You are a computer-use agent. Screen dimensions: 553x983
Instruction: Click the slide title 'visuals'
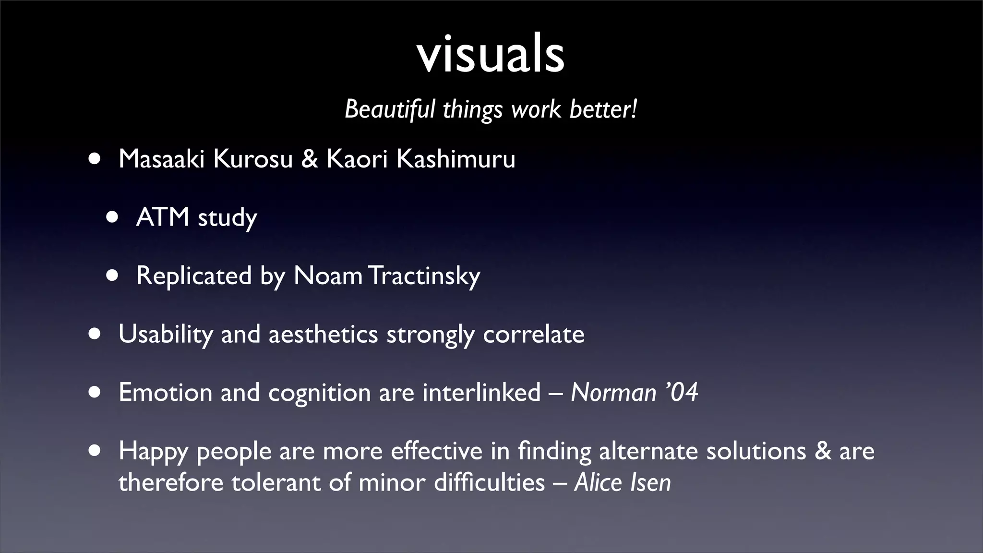coord(491,54)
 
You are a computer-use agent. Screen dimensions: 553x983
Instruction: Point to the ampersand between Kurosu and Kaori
coord(310,159)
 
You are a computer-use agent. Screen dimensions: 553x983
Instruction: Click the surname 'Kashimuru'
coord(456,159)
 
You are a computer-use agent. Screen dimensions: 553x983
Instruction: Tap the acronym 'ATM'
coord(163,217)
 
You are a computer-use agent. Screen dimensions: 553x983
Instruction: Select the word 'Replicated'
coord(194,276)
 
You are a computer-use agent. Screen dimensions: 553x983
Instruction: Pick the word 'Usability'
coord(165,334)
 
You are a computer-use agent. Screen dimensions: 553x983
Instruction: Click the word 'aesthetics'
coord(323,334)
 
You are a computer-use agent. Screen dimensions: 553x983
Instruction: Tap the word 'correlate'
coord(534,334)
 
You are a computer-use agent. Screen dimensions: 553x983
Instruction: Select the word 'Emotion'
coord(165,393)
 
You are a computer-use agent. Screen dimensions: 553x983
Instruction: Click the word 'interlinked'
coord(481,393)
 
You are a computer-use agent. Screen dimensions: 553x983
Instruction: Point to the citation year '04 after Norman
coord(682,393)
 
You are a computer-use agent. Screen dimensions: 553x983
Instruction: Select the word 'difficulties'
coord(489,482)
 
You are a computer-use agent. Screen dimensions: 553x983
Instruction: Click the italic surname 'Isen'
coord(650,482)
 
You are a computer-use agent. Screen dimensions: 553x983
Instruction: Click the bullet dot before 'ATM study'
coord(112,217)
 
